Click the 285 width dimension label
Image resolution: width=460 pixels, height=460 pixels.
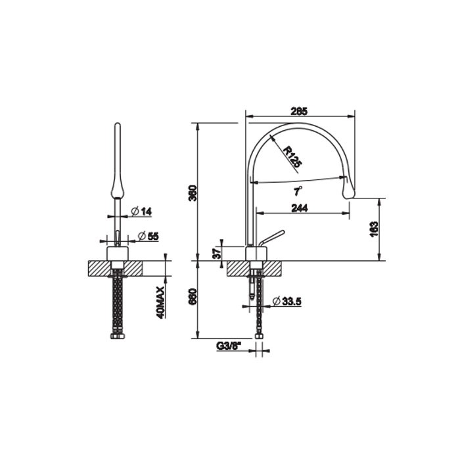(x=299, y=112)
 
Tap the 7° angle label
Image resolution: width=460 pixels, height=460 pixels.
(x=298, y=191)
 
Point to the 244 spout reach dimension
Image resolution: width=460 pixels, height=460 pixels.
(x=300, y=208)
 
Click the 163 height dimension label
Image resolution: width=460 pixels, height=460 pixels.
(x=374, y=229)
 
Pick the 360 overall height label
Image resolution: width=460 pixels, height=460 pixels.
(x=193, y=193)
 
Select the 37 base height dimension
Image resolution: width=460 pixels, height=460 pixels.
(x=216, y=253)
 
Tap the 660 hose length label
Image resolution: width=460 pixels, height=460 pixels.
(x=193, y=297)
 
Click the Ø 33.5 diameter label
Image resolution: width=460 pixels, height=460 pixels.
(x=287, y=301)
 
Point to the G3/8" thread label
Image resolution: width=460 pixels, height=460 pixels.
(x=229, y=346)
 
